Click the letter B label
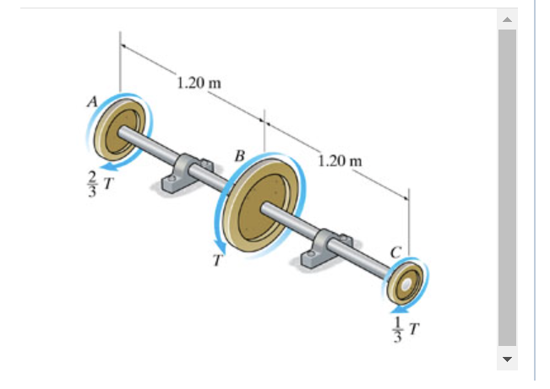tap(240, 155)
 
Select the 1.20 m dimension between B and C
tap(340, 160)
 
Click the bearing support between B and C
tap(324, 249)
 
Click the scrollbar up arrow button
tap(507, 19)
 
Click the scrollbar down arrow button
tap(507, 359)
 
